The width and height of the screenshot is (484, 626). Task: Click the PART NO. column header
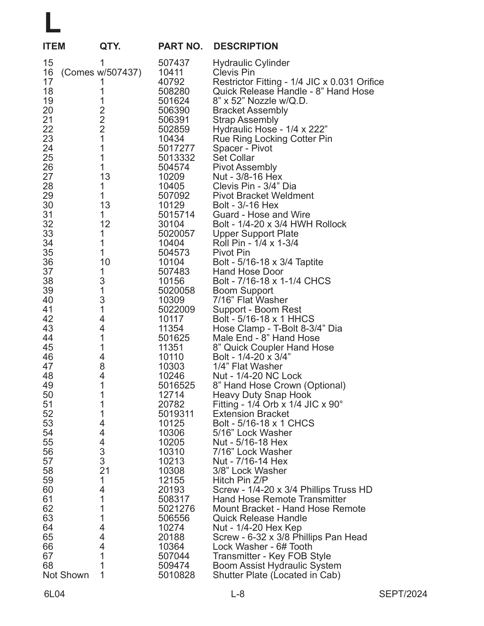coord(180,46)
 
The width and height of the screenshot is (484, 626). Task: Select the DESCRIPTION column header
coord(246,46)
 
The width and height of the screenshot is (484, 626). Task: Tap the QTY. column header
coord(110,46)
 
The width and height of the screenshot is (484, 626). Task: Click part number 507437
coord(174,63)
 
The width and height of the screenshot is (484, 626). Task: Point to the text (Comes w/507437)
coord(101,72)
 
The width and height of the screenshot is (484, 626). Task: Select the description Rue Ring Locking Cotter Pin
coord(272,139)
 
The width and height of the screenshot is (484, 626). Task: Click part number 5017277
coord(176,148)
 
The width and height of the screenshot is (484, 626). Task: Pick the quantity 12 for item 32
coord(105,224)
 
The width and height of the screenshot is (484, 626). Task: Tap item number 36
coord(48,262)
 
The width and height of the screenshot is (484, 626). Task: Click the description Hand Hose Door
coord(248,272)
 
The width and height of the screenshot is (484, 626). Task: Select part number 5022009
coord(176,309)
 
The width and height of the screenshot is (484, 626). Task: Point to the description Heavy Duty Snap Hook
coord(262,395)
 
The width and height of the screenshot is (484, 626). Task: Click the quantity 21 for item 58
coord(105,471)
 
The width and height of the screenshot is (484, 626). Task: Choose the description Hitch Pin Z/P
coord(240,480)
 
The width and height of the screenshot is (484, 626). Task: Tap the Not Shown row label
coord(66,575)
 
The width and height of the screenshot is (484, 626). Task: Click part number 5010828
coord(176,575)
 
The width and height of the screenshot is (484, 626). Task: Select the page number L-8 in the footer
coord(238,594)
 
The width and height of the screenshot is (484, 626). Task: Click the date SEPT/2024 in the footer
coord(403,594)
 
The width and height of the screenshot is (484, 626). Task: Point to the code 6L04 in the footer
coord(54,594)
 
